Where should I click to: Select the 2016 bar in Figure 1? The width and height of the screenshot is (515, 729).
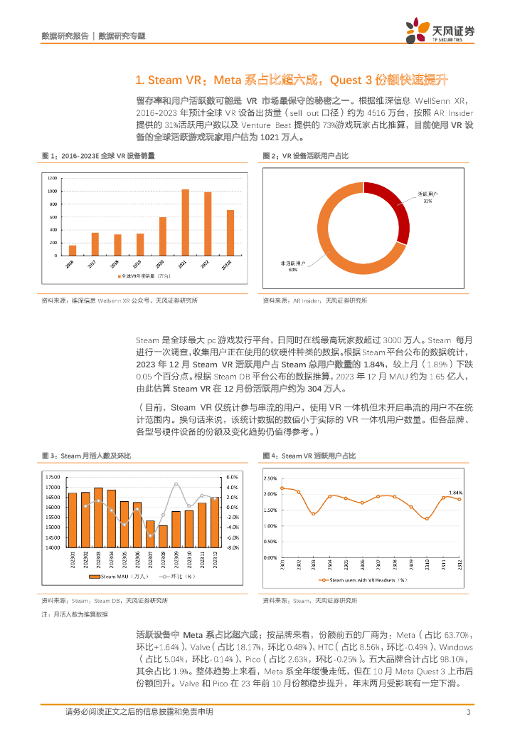click(x=72, y=250)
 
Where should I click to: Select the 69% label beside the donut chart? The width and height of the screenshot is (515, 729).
click(x=293, y=266)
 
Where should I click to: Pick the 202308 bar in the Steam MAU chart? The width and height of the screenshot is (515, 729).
click(x=163, y=536)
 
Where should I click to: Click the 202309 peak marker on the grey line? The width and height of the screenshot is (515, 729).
click(x=176, y=484)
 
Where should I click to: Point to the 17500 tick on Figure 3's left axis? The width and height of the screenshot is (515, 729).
click(x=51, y=476)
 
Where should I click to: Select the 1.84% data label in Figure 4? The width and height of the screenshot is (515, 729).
click(x=455, y=493)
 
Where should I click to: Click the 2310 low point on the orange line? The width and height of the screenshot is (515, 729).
click(x=426, y=518)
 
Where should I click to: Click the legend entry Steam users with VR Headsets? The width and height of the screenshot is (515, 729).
click(x=370, y=580)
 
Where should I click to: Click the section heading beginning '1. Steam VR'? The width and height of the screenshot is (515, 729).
click(x=292, y=80)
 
